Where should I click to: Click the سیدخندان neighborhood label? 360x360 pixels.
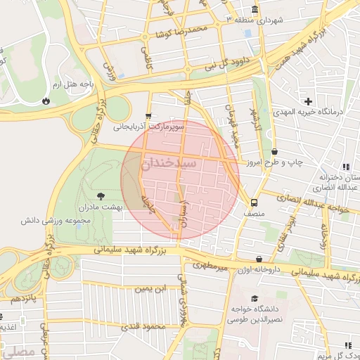(179, 163)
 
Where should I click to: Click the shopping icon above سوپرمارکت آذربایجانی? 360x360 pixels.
(148, 116)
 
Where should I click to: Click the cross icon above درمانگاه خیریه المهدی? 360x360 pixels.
(308, 101)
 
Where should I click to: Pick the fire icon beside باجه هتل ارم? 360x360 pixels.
(46, 101)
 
